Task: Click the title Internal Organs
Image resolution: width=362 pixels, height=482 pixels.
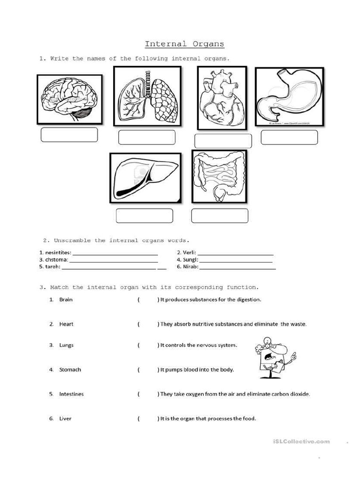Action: [184, 44]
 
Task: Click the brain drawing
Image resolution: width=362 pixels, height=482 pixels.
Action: [69, 99]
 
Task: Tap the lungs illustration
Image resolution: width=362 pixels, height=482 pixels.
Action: [147, 96]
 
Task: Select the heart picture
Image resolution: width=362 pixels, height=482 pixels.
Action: [222, 98]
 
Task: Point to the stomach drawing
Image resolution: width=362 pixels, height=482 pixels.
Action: [289, 97]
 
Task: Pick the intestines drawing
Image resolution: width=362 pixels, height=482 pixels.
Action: [219, 176]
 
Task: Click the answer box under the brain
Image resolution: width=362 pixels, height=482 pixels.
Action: [69, 135]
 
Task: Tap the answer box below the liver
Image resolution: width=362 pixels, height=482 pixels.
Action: [144, 216]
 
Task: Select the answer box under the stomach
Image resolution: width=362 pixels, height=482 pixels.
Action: [289, 137]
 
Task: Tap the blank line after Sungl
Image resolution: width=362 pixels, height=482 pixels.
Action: [236, 260]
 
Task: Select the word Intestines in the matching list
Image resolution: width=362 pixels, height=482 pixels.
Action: [71, 394]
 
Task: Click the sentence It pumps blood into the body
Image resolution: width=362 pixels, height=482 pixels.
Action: [197, 370]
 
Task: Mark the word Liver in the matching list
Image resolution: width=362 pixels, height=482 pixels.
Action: [65, 418]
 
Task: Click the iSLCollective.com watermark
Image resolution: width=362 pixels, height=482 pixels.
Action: [301, 442]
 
